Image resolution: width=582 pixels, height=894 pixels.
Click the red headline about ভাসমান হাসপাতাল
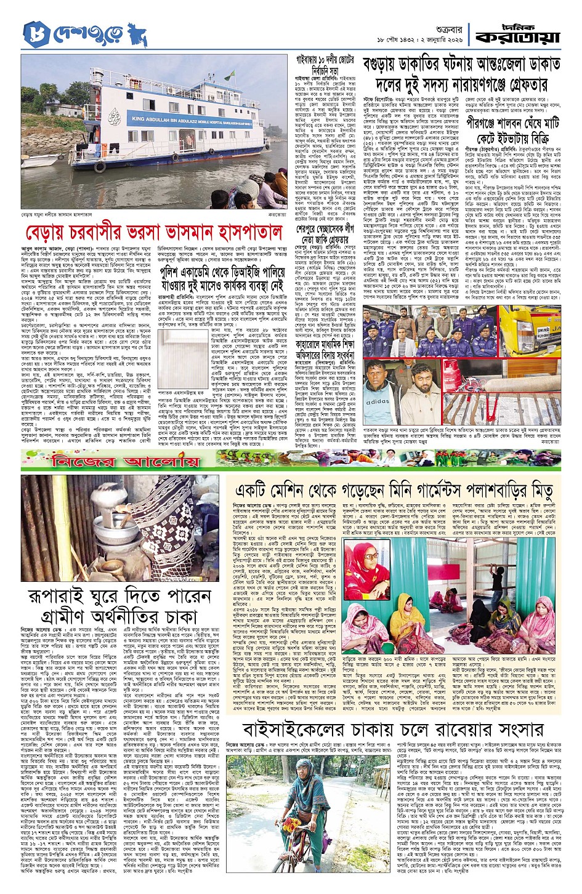click(152, 218)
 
